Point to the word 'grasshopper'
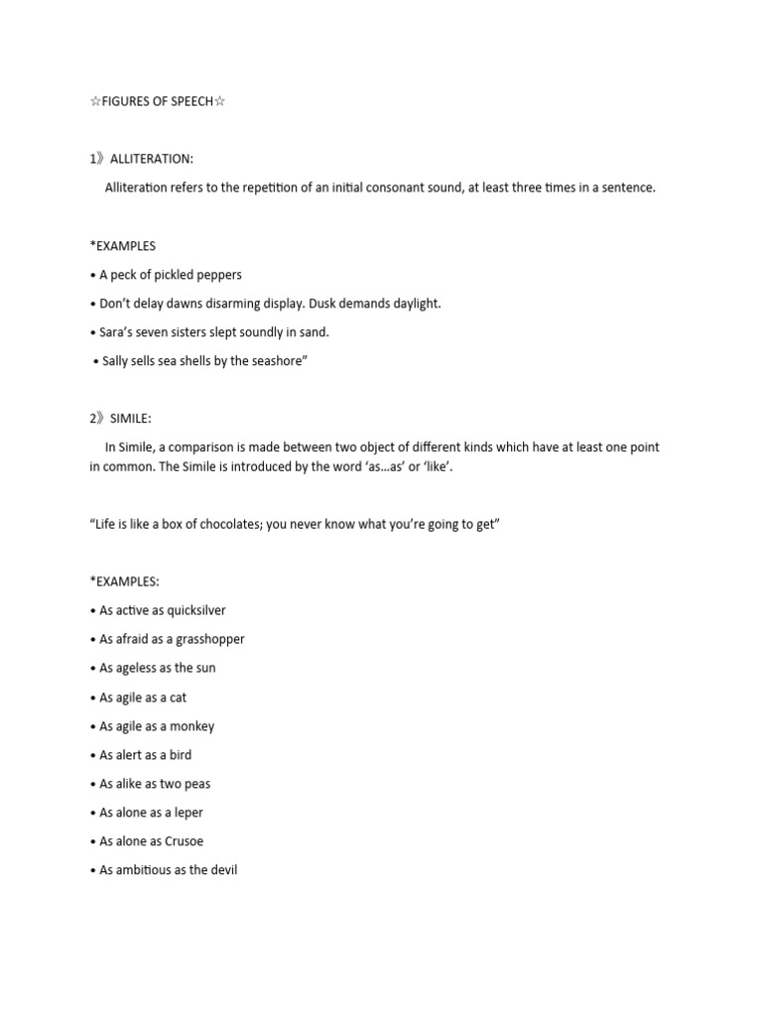208,639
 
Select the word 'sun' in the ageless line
205,668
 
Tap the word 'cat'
178,698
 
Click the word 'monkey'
191,726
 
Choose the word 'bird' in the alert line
181,755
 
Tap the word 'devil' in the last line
222,870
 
